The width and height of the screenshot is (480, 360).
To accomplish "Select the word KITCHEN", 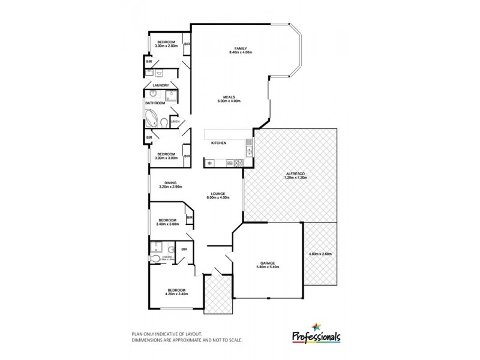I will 218,143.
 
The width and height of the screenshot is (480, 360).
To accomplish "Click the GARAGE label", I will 267,263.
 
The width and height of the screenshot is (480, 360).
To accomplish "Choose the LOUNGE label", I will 218,194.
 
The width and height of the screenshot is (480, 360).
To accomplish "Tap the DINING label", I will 170,183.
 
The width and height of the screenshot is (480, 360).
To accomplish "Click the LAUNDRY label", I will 161,85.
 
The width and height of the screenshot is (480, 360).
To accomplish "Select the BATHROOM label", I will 155,103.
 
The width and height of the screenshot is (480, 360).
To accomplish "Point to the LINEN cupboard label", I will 175,122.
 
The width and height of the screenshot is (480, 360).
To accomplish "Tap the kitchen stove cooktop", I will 238,162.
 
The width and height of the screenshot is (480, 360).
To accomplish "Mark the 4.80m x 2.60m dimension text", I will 320,254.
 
